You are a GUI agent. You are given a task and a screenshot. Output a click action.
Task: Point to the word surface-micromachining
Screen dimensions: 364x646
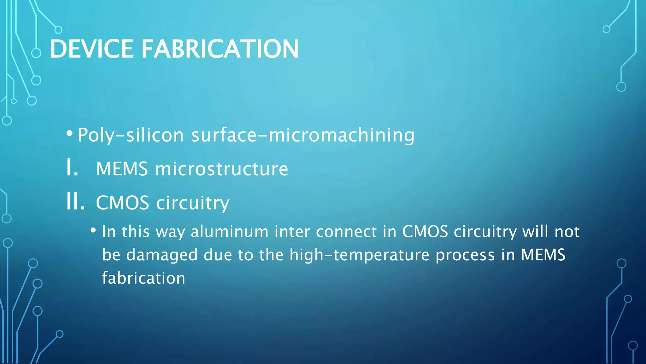pos(303,135)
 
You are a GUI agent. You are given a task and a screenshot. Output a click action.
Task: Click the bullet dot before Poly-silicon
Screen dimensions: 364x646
pos(70,133)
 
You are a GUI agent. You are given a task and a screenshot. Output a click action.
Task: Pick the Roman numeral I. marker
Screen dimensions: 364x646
pos(72,168)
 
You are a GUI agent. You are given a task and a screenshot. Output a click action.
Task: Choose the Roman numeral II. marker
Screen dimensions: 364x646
pos(75,202)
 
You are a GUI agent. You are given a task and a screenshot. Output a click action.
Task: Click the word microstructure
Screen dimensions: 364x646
pos(221,169)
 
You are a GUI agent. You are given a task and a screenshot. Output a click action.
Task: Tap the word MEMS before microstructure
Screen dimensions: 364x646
pos(122,169)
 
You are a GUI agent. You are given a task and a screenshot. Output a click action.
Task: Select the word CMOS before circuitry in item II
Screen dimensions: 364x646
pos(122,203)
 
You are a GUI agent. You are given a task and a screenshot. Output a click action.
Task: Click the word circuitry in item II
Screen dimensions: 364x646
pos(193,203)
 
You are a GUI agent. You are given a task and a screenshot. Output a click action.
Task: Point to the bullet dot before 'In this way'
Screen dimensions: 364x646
pos(93,230)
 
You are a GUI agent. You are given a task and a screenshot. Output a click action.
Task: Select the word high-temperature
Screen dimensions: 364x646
pos(359,255)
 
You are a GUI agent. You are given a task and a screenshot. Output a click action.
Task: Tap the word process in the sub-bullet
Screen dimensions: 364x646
pos(465,255)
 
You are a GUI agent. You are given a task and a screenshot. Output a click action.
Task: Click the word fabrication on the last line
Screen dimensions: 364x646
pos(144,278)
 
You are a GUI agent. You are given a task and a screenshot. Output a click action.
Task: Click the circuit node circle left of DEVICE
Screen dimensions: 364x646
pos(36,53)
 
